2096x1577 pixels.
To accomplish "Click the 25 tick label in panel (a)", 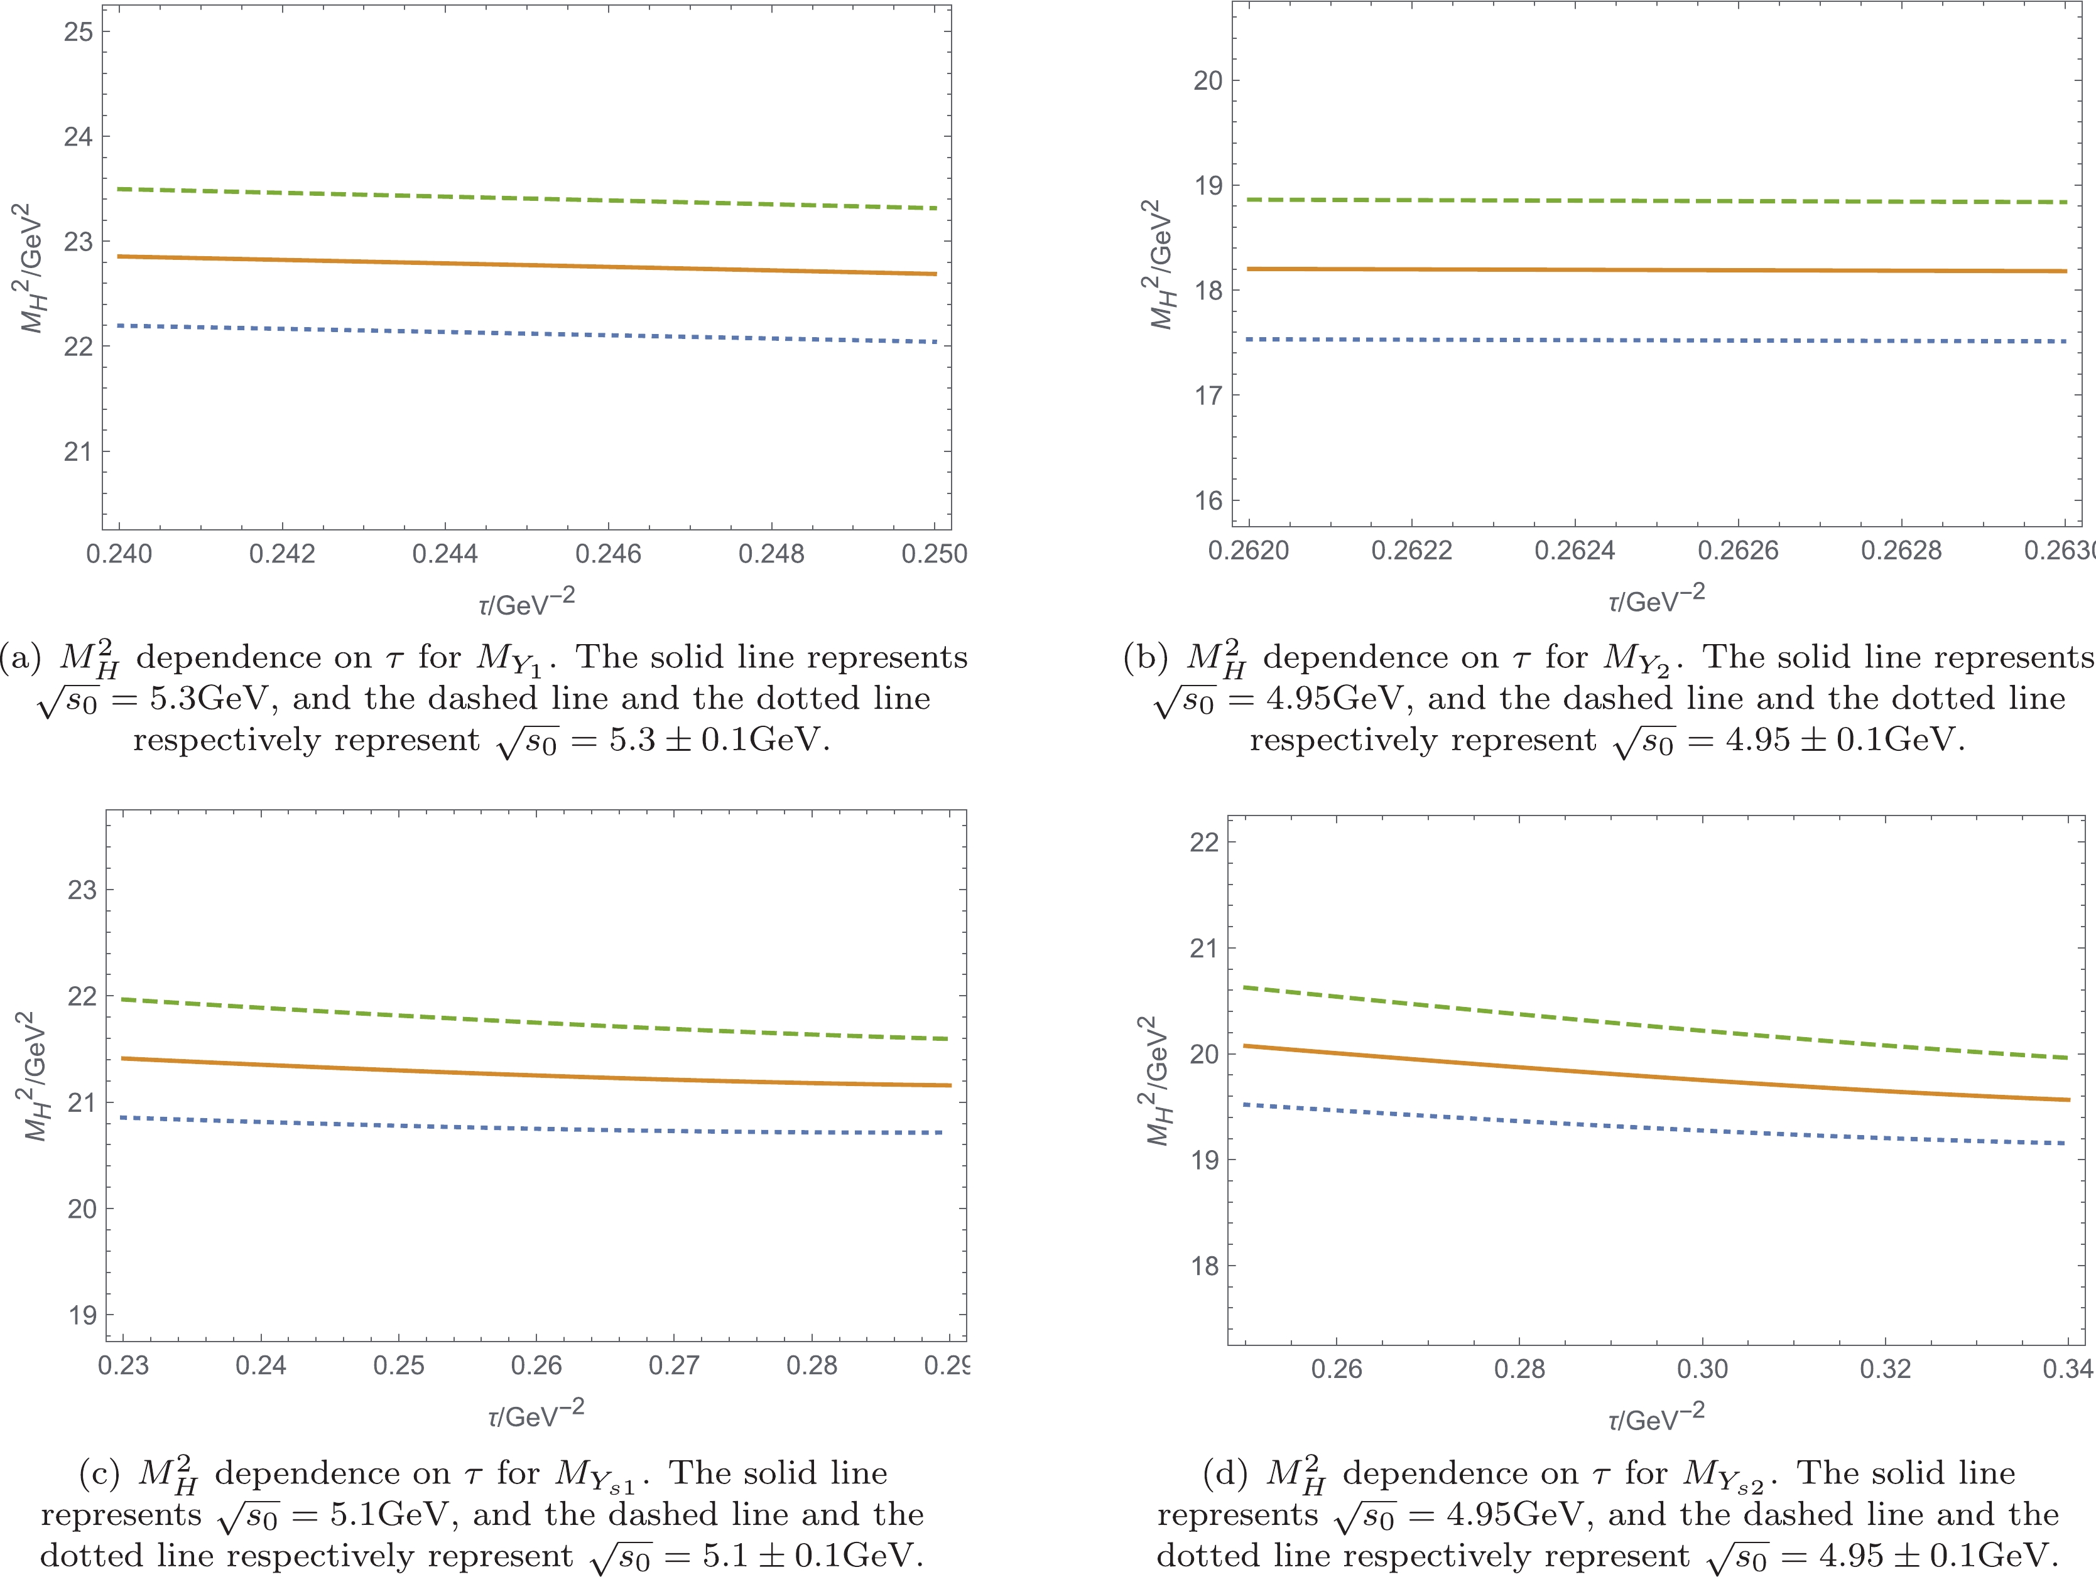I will [x=79, y=31].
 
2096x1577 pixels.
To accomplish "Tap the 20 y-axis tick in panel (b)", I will [x=1208, y=80].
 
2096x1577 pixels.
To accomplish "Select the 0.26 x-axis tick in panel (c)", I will [x=536, y=1365].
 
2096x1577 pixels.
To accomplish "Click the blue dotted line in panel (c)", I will [x=531, y=1127].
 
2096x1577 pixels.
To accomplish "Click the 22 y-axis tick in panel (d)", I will [x=1204, y=842].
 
